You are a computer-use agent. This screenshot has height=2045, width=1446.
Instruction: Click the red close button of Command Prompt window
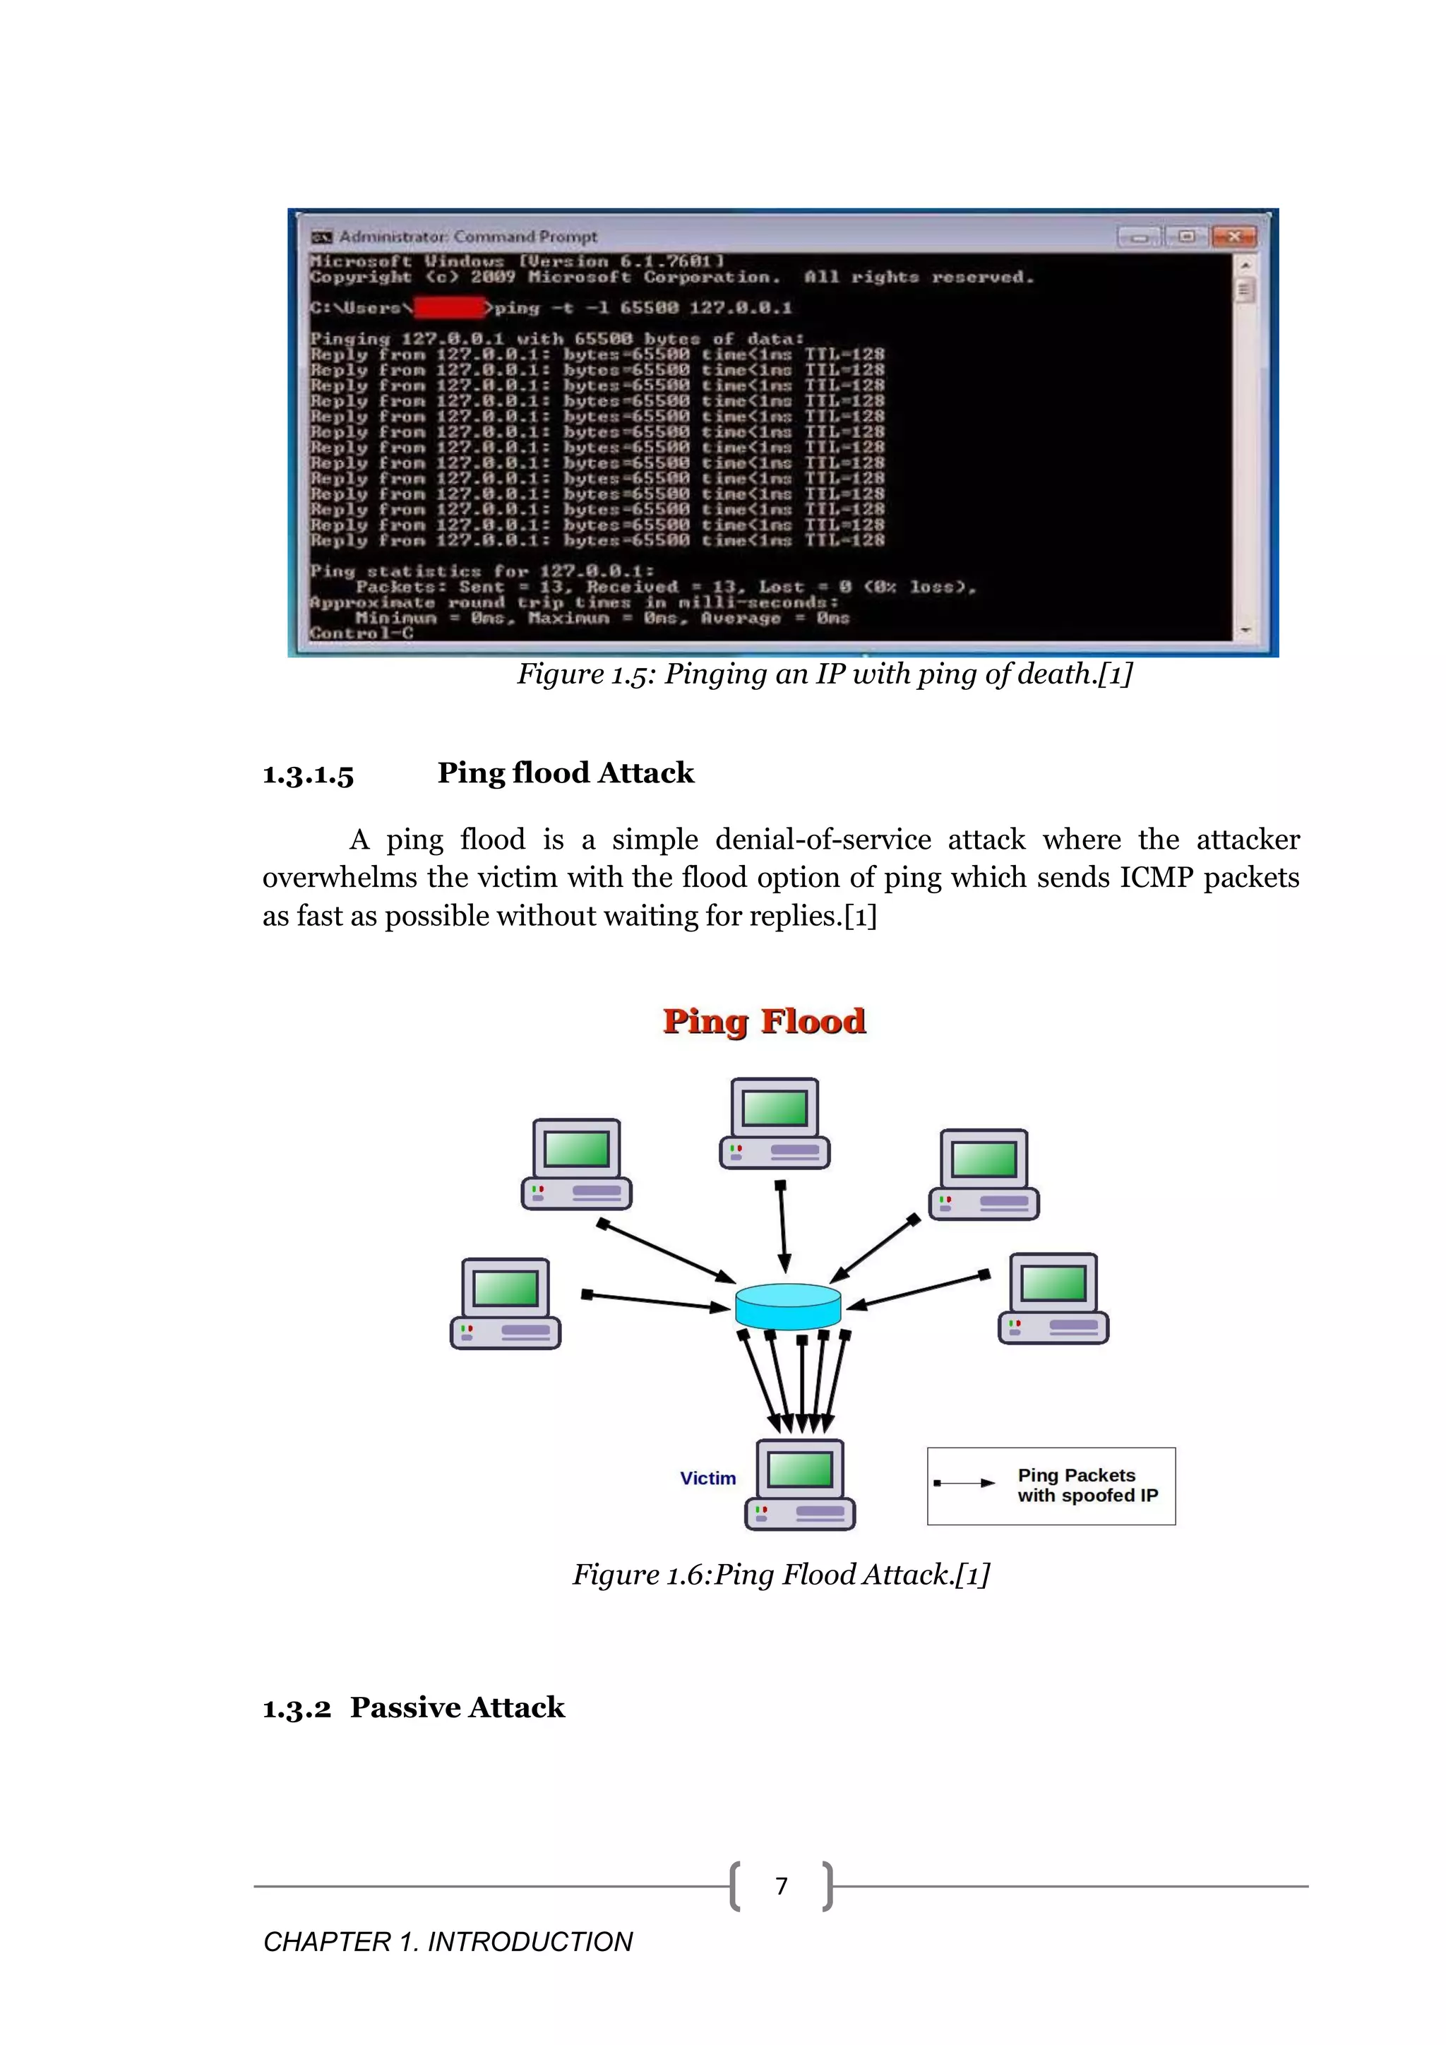point(1234,236)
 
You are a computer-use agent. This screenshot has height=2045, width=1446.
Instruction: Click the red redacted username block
point(450,308)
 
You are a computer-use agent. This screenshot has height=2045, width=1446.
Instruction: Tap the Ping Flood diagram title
point(764,1020)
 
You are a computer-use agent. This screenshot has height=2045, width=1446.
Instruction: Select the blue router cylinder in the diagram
point(788,1306)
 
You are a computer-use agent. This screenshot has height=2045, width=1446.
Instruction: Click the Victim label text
point(708,1479)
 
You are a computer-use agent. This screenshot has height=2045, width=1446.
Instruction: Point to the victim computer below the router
point(799,1485)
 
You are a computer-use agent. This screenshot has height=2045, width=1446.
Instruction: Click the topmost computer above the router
point(775,1123)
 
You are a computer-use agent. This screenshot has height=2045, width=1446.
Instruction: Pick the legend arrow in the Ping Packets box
point(964,1483)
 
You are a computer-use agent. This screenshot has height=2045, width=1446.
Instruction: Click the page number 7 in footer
point(781,1886)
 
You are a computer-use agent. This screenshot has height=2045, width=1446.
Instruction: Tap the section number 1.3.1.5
point(308,774)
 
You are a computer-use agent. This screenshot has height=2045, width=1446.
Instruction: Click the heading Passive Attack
point(457,1707)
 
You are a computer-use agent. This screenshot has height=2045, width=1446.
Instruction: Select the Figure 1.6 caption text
point(781,1575)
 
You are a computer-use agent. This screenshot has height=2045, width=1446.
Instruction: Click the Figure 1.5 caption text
point(825,674)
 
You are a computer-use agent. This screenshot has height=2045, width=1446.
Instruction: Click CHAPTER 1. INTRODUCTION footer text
point(448,1942)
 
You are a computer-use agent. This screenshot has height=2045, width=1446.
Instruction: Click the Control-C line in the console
point(361,633)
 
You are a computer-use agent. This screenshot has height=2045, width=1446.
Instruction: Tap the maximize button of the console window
point(1186,236)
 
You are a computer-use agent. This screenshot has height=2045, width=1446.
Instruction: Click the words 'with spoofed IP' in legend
point(1087,1496)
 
